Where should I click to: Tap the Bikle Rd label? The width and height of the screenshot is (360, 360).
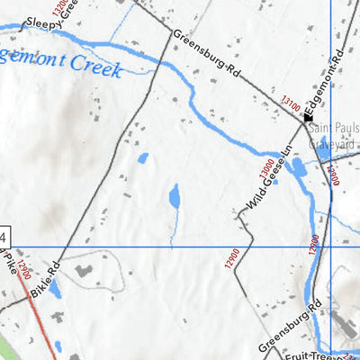click(43, 280)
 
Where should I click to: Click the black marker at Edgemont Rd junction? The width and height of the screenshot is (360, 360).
click(308, 116)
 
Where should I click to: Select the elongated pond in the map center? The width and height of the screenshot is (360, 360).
click(175, 196)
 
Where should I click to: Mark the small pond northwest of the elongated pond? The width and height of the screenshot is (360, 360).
click(143, 158)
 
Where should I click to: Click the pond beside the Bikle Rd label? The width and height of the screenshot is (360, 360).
click(56, 289)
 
